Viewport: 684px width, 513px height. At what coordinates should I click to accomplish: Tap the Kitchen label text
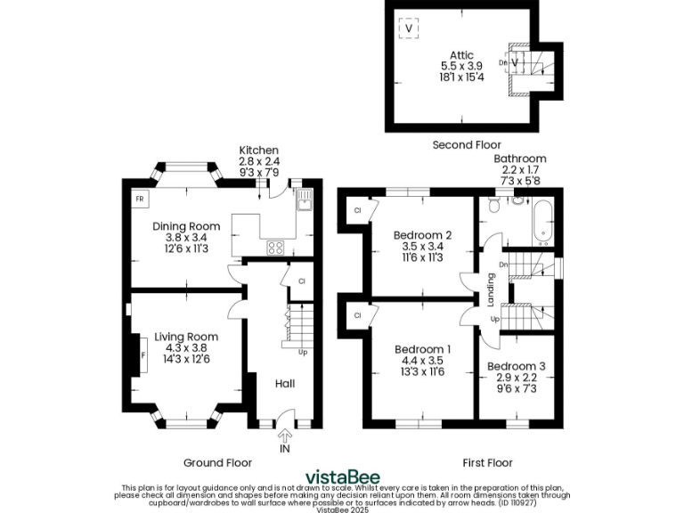[258, 150]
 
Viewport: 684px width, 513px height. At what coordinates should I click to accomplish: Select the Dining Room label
[180, 225]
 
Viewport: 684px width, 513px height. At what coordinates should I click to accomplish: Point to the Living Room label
[186, 337]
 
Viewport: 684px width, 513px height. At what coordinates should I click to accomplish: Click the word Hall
[285, 383]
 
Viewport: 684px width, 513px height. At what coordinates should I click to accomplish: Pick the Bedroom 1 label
[423, 349]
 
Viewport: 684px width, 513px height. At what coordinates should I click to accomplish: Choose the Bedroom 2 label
[423, 235]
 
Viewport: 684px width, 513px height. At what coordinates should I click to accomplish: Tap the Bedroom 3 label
[517, 366]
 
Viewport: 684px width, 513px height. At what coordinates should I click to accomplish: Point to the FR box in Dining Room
[140, 199]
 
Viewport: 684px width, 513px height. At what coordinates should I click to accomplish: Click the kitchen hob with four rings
[276, 248]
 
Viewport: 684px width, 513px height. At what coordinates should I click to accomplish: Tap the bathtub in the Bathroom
[542, 222]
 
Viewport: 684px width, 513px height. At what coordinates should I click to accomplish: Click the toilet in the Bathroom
[517, 201]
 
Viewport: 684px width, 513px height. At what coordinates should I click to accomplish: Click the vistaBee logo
[342, 476]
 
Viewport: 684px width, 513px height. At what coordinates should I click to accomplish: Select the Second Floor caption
[467, 144]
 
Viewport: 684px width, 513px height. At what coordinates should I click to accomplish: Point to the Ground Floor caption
[217, 462]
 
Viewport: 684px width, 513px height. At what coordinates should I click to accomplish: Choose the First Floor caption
[487, 462]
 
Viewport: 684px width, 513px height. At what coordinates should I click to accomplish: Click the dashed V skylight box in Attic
[410, 28]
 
